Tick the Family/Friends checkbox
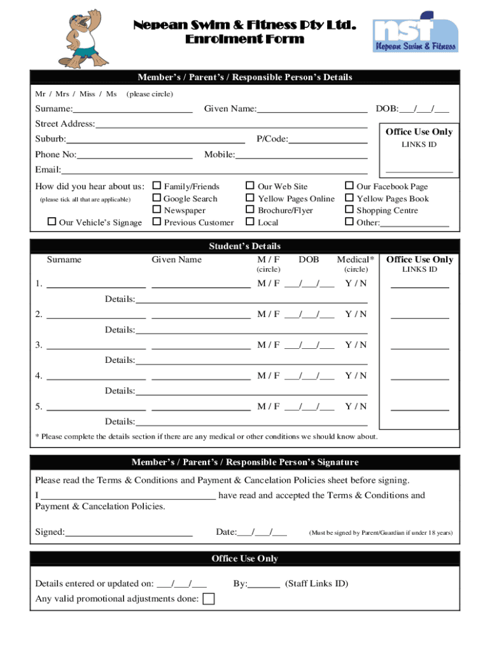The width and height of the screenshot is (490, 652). point(157,186)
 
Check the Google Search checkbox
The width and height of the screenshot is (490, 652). point(157,198)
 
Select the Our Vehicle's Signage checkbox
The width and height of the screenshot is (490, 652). point(52,222)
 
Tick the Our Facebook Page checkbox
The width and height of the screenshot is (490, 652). point(349,186)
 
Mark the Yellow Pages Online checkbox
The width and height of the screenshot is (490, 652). point(250,198)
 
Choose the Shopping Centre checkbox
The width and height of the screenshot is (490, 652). point(349,210)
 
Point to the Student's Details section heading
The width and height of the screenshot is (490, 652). point(245,246)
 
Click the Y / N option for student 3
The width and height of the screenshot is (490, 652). point(356,344)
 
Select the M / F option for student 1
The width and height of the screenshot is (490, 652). point(268,283)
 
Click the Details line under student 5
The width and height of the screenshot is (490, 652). point(251,423)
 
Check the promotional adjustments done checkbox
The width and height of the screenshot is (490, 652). point(208,599)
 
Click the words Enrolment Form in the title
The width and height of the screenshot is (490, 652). point(245,39)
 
